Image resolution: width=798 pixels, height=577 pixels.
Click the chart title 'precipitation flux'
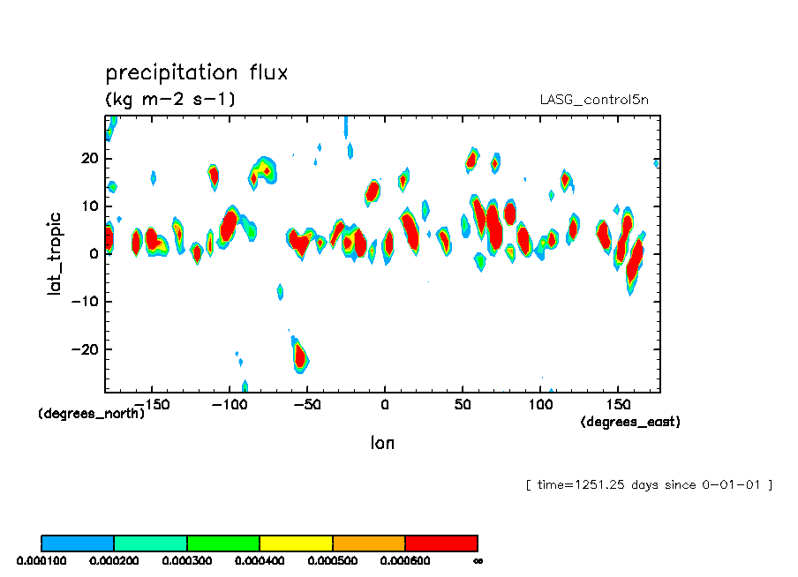196,72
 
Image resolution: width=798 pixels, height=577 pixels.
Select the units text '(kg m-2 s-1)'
170,99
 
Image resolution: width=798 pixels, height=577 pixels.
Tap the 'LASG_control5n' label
594,100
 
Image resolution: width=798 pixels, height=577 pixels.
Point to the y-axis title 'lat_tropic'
55,253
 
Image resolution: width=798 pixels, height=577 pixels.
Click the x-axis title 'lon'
382,443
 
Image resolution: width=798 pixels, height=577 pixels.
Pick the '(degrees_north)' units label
92,413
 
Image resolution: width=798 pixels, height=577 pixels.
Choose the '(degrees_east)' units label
630,422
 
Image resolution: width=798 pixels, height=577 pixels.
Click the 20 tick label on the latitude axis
89,159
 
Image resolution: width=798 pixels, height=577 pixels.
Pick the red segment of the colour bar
440,543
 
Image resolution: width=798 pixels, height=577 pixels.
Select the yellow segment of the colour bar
296,543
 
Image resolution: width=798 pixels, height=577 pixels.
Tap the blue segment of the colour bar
78,543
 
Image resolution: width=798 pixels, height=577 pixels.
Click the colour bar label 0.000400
259,560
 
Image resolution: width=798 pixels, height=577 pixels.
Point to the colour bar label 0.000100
41,560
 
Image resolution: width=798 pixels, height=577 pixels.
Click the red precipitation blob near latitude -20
300,356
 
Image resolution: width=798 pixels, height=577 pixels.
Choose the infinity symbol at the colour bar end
478,560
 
